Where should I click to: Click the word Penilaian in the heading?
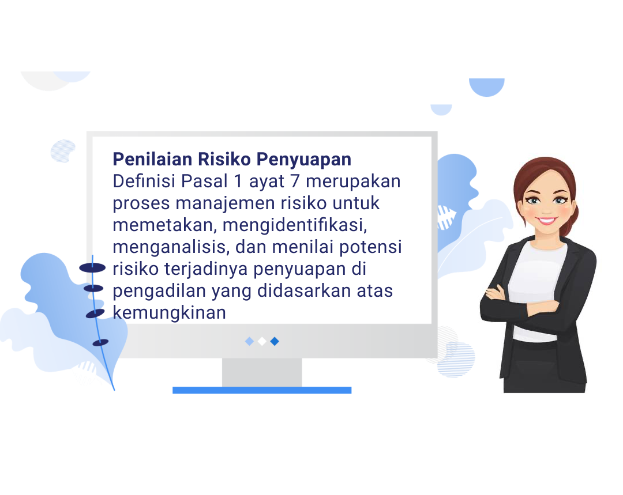click(152, 159)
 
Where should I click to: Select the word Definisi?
click(144, 181)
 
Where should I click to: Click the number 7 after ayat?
click(295, 182)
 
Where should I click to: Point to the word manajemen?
click(226, 203)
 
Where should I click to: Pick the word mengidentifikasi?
click(295, 225)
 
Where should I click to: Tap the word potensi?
click(370, 247)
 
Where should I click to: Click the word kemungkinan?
click(169, 313)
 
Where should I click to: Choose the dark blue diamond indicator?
click(275, 341)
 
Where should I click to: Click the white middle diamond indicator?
click(262, 341)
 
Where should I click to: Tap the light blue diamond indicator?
click(250, 341)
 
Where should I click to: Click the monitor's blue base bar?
click(262, 390)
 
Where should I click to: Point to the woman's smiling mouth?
click(547, 220)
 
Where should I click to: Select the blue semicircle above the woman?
click(487, 87)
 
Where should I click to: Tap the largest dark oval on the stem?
click(92, 268)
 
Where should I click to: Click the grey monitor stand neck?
click(262, 373)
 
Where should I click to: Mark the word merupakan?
click(353, 182)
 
